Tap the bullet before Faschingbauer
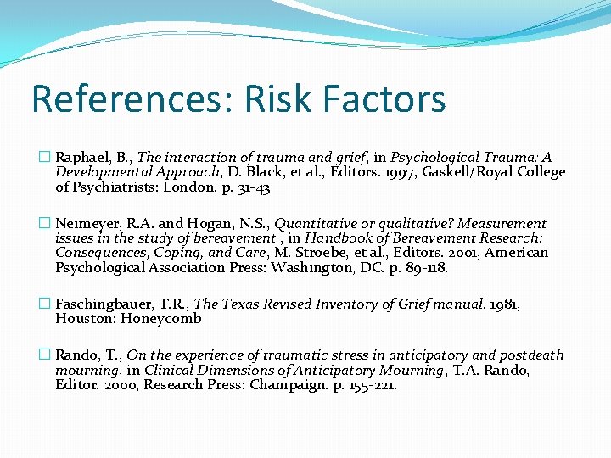(x=45, y=304)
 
